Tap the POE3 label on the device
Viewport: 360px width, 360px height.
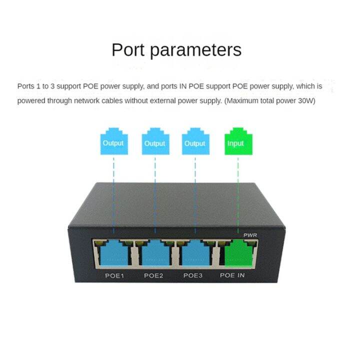click(193, 275)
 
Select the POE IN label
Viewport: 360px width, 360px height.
click(232, 275)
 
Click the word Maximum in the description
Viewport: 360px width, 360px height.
click(242, 100)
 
